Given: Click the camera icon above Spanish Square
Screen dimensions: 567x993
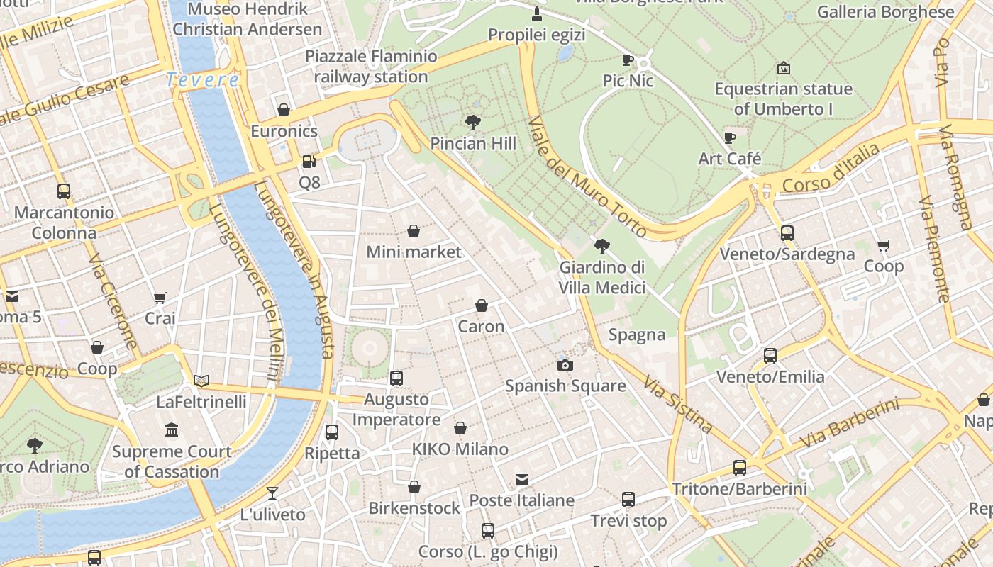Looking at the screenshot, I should click(x=565, y=365).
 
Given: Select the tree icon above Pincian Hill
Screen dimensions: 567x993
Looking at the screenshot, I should click(x=473, y=123).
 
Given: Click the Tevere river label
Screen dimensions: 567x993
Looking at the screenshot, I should click(x=203, y=80).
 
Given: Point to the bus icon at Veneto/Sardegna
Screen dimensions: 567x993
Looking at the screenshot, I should click(x=787, y=232).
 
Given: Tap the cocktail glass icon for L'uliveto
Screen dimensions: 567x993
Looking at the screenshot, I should click(x=272, y=493).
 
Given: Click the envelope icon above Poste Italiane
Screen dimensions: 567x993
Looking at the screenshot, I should click(x=522, y=480).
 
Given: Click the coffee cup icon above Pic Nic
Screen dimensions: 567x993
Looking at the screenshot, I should click(x=628, y=60).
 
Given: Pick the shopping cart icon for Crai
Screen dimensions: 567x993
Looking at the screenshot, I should click(x=160, y=298).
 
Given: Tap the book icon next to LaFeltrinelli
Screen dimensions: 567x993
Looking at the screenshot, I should click(x=201, y=381).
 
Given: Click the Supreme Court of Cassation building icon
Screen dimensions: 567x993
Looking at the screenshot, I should click(x=172, y=430).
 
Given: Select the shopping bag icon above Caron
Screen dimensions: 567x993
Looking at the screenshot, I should click(x=481, y=305).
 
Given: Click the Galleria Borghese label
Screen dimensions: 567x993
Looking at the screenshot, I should click(x=885, y=12).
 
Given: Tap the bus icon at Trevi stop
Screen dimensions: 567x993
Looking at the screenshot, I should click(x=628, y=499).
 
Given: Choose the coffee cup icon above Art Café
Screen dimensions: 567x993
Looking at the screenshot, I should click(x=730, y=137).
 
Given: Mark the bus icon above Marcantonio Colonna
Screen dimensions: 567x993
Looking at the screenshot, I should click(x=64, y=191).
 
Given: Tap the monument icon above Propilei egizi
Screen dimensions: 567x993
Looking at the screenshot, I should click(x=537, y=13).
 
